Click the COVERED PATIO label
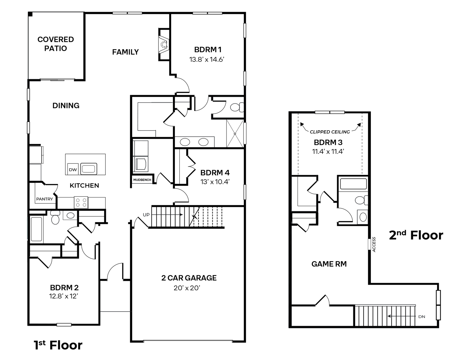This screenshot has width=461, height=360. pyautogui.click(x=56, y=44)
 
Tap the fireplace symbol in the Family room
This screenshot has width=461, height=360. pyautogui.click(x=164, y=45)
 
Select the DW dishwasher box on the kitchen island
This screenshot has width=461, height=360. pyautogui.click(x=73, y=169)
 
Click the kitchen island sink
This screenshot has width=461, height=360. pyautogui.click(x=89, y=169)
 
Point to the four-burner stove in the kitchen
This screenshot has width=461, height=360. pyautogui.click(x=81, y=202)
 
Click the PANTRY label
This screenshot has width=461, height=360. pyautogui.click(x=45, y=199)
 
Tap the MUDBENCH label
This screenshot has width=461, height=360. pyautogui.click(x=142, y=180)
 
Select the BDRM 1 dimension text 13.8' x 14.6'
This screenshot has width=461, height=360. pyautogui.click(x=207, y=59)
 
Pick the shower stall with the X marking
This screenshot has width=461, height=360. pyautogui.click(x=235, y=134)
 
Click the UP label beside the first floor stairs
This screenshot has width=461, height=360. pyautogui.click(x=146, y=215)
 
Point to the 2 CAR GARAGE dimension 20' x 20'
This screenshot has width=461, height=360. pyautogui.click(x=187, y=288)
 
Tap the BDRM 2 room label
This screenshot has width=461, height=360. pyautogui.click(x=64, y=288)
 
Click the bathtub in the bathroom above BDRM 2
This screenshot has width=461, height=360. pyautogui.click(x=37, y=229)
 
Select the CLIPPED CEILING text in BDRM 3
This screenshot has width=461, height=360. pyautogui.click(x=330, y=132)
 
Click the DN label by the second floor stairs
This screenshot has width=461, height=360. pyautogui.click(x=422, y=317)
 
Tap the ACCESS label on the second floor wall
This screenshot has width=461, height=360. pyautogui.click(x=374, y=245)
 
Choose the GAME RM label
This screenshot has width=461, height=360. pyautogui.click(x=329, y=264)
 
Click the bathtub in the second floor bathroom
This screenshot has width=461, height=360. pyautogui.click(x=353, y=184)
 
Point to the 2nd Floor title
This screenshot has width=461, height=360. pyautogui.click(x=416, y=235)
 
